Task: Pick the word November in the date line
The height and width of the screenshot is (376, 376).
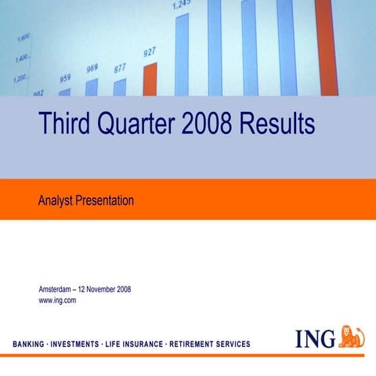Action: [x=101, y=290]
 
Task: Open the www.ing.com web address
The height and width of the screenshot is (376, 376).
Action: [x=57, y=300]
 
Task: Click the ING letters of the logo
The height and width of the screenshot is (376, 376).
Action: [x=316, y=338]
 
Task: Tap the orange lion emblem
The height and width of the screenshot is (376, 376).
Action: [x=352, y=336]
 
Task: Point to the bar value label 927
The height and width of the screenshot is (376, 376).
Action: [x=150, y=52]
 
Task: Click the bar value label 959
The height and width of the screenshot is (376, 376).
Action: [x=65, y=78]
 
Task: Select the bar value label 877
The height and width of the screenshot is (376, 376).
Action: [x=120, y=68]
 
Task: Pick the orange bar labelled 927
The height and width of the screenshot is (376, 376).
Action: [x=150, y=79]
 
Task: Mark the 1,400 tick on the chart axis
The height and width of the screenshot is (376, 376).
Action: [x=21, y=58]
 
